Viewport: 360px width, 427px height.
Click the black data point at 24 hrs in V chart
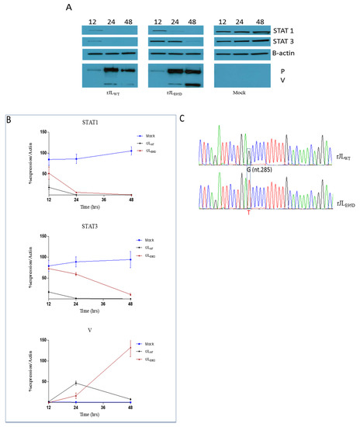[x=76, y=383]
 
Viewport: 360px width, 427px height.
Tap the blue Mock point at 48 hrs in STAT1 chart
[x=130, y=151]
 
